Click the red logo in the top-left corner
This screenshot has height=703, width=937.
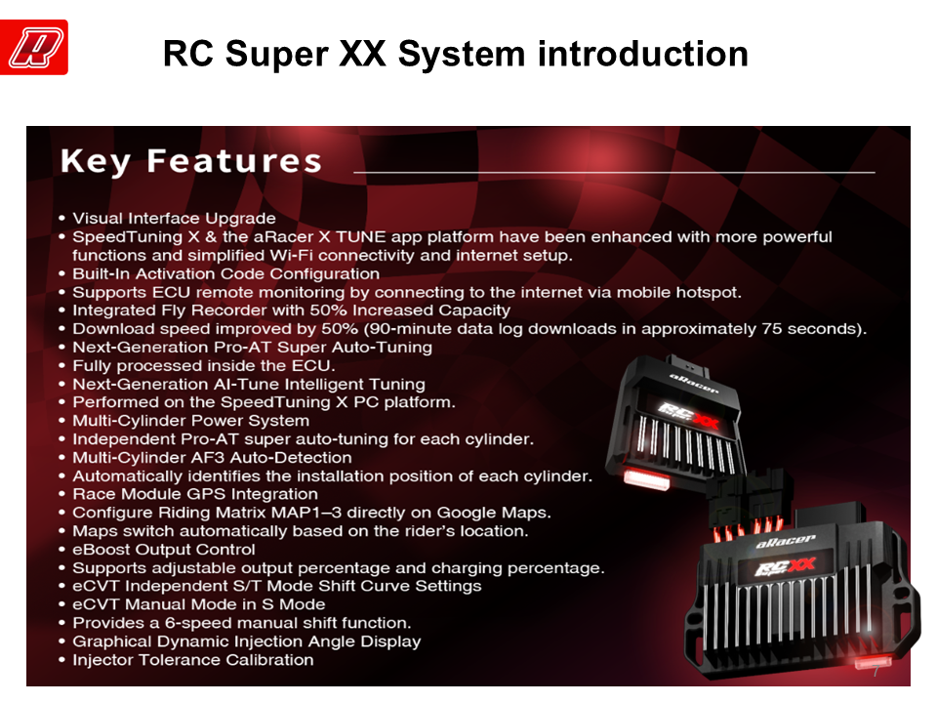pos(34,47)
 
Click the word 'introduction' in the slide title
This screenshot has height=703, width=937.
pos(643,54)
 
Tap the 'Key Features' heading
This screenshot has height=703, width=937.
pos(191,161)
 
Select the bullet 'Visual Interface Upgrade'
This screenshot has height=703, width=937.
pos(174,218)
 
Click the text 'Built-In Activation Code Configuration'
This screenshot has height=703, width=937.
pos(225,273)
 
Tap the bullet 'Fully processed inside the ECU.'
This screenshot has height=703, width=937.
pos(204,366)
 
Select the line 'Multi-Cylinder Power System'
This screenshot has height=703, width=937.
pos(190,421)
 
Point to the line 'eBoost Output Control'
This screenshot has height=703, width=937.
pos(164,550)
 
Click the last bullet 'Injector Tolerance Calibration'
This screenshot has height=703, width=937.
pos(193,660)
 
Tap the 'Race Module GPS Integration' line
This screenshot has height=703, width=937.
pos(195,494)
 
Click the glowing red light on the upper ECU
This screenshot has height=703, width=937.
pos(646,478)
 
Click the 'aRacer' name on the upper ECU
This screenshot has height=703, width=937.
pos(693,383)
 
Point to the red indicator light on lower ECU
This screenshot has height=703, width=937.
pos(873,662)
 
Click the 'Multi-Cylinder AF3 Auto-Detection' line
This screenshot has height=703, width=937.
pos(212,458)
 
